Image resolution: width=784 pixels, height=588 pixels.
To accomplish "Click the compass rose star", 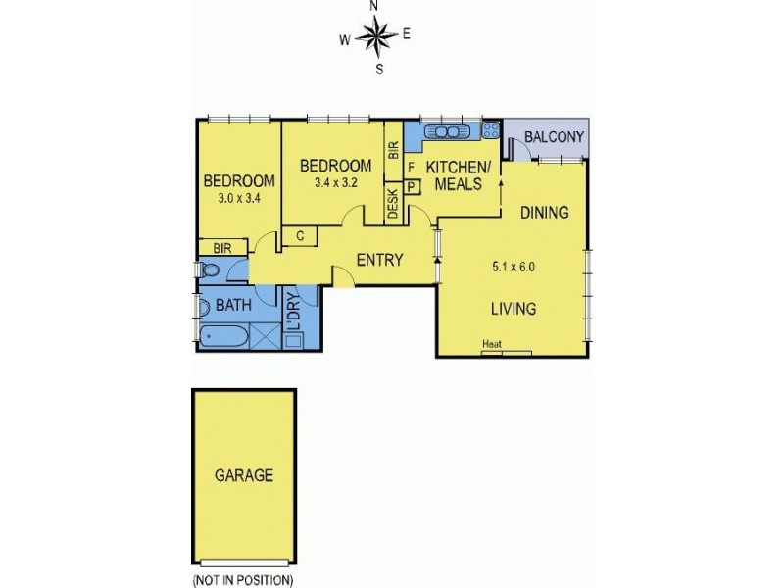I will click(x=374, y=37).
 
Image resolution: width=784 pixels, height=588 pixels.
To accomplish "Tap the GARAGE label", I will click(x=243, y=475).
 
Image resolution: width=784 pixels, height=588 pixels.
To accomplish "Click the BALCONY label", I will click(x=554, y=137).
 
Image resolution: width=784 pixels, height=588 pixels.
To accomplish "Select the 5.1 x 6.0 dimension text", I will click(x=514, y=265).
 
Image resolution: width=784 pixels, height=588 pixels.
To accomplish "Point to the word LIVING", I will click(x=513, y=309).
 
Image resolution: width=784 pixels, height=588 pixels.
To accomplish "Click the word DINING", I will click(x=544, y=212).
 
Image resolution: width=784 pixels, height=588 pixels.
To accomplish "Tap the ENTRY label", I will click(x=379, y=260).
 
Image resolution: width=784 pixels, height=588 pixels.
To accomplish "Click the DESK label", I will click(x=393, y=204).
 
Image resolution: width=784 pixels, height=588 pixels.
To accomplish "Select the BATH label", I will click(x=233, y=305).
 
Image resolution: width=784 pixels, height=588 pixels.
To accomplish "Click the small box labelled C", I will click(x=301, y=235).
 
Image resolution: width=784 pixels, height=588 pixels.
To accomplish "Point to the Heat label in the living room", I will click(x=492, y=344).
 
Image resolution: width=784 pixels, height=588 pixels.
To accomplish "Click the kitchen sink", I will click(x=447, y=130).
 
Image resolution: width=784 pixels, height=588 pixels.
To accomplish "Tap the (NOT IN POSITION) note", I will click(x=242, y=579).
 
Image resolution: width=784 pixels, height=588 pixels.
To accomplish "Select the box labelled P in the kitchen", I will click(x=411, y=185).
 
